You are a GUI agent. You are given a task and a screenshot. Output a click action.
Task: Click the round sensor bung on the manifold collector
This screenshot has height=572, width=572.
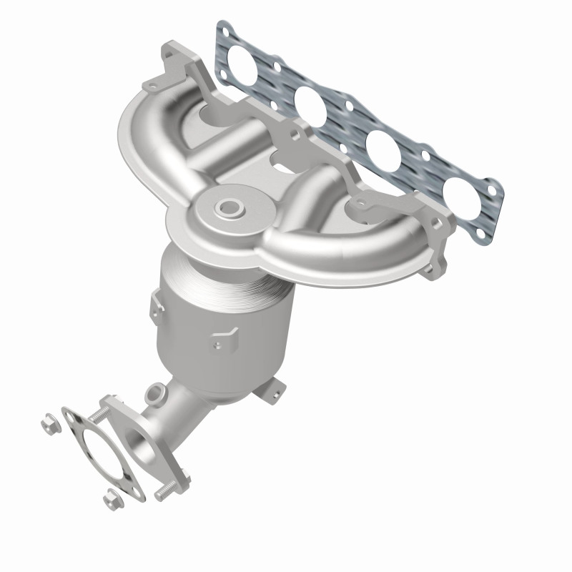click(x=230, y=208)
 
